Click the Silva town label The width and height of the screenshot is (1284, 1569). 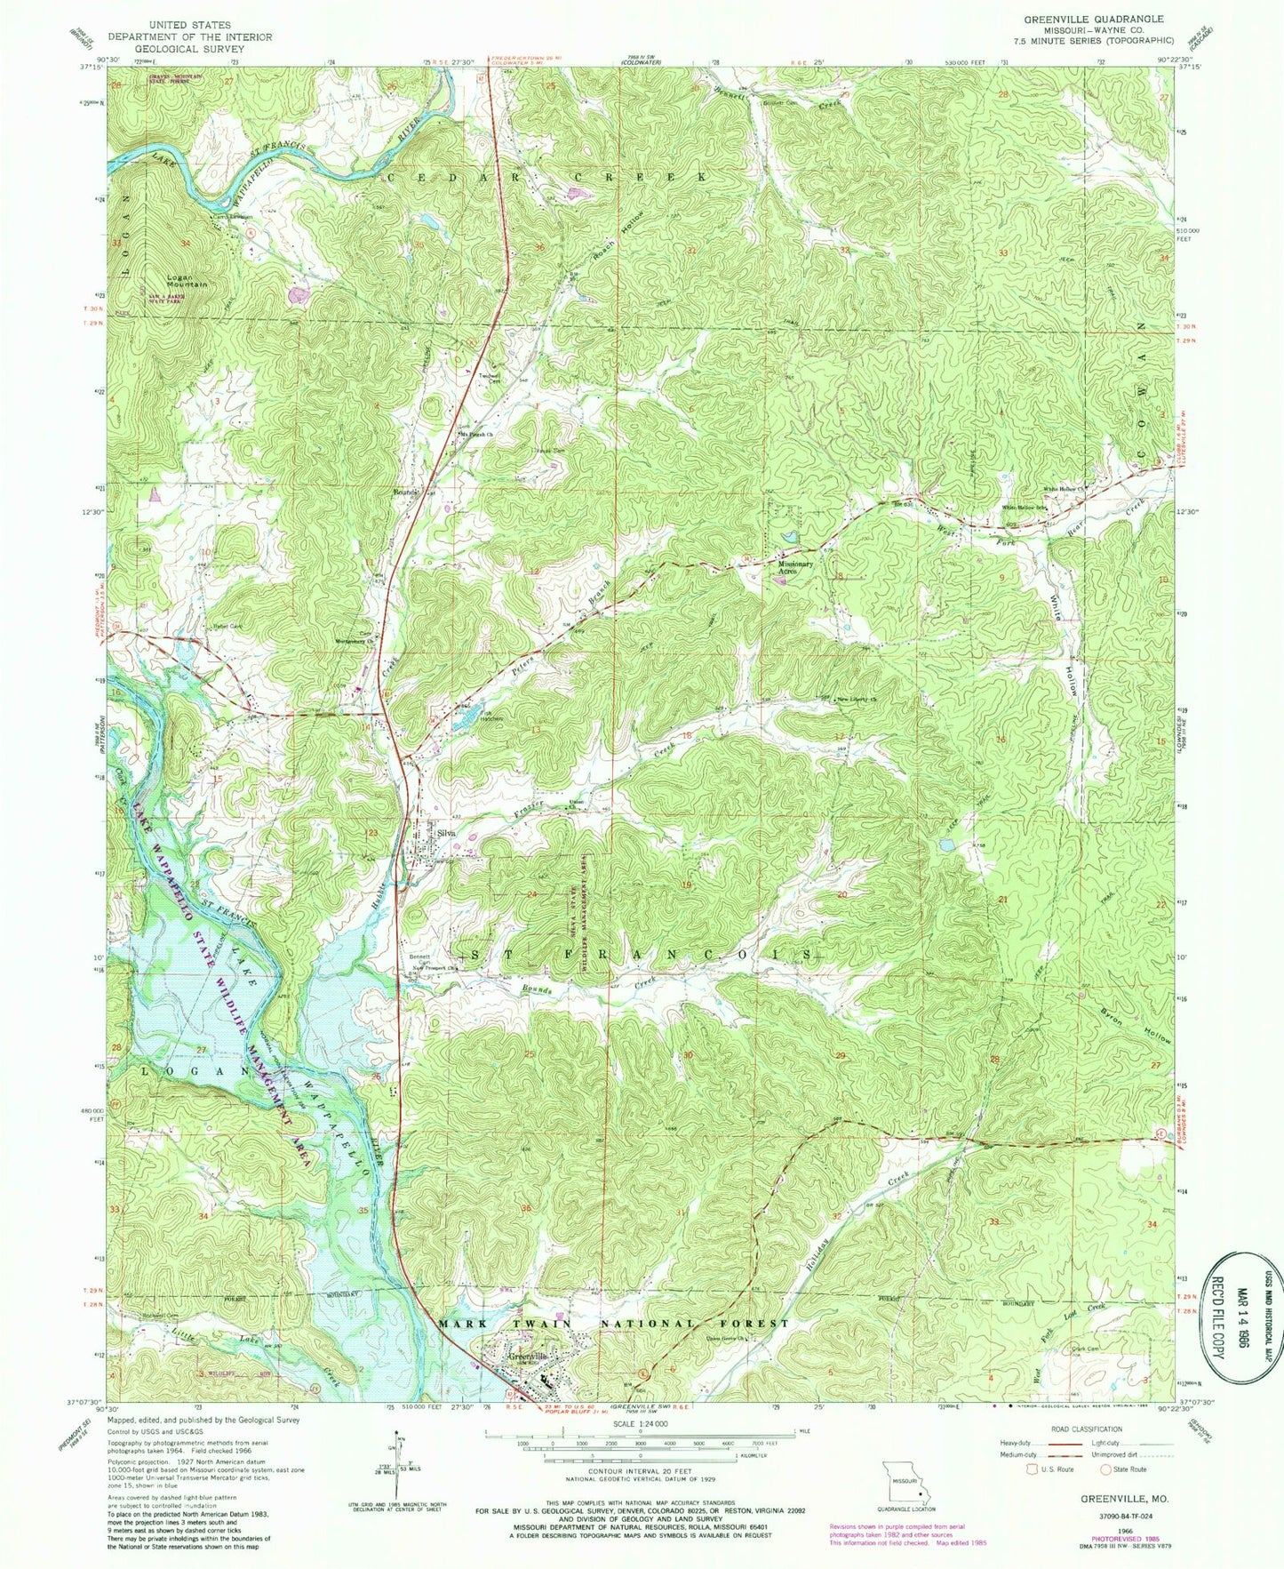tap(447, 833)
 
